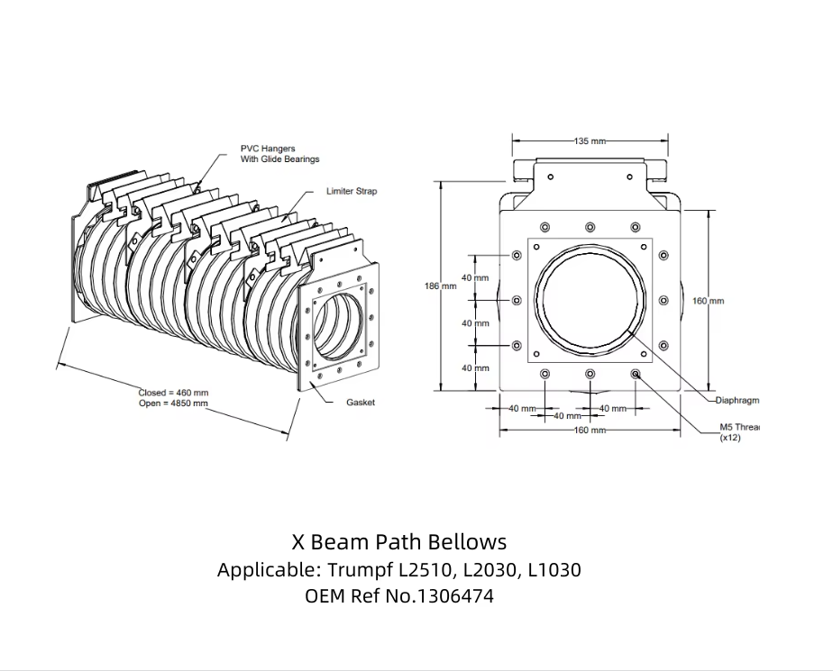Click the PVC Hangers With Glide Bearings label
(279, 154)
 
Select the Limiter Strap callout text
(352, 192)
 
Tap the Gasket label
(361, 403)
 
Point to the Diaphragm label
(737, 400)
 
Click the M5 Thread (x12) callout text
(739, 432)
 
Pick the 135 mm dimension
(590, 141)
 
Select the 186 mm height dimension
(441, 286)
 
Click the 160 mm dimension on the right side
(708, 301)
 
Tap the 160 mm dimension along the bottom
(590, 430)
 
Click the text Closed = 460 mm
(173, 393)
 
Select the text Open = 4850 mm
(173, 404)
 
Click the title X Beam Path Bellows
(399, 542)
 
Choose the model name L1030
(554, 570)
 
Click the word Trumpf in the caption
(358, 570)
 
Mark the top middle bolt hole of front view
(590, 227)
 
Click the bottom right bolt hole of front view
(636, 374)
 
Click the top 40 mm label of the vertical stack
(475, 278)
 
